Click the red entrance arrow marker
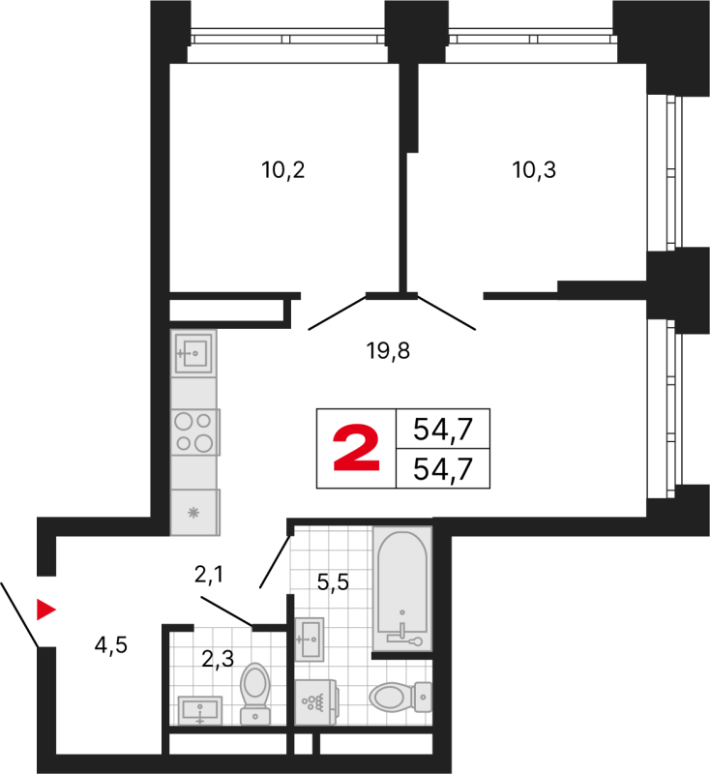click(45, 610)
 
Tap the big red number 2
click(356, 448)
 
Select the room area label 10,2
click(282, 170)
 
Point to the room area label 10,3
click(534, 170)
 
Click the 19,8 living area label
click(388, 351)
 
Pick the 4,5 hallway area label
click(111, 644)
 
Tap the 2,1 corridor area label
click(209, 575)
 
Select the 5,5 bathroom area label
click(333, 582)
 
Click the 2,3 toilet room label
click(218, 659)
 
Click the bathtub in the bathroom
click(402, 588)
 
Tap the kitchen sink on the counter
click(193, 353)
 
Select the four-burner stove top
click(194, 432)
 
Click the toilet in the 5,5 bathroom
click(400, 697)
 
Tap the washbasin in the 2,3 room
click(200, 711)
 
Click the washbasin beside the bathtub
click(310, 640)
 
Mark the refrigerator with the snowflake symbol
click(194, 512)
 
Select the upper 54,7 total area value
click(443, 429)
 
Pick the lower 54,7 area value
click(443, 468)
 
